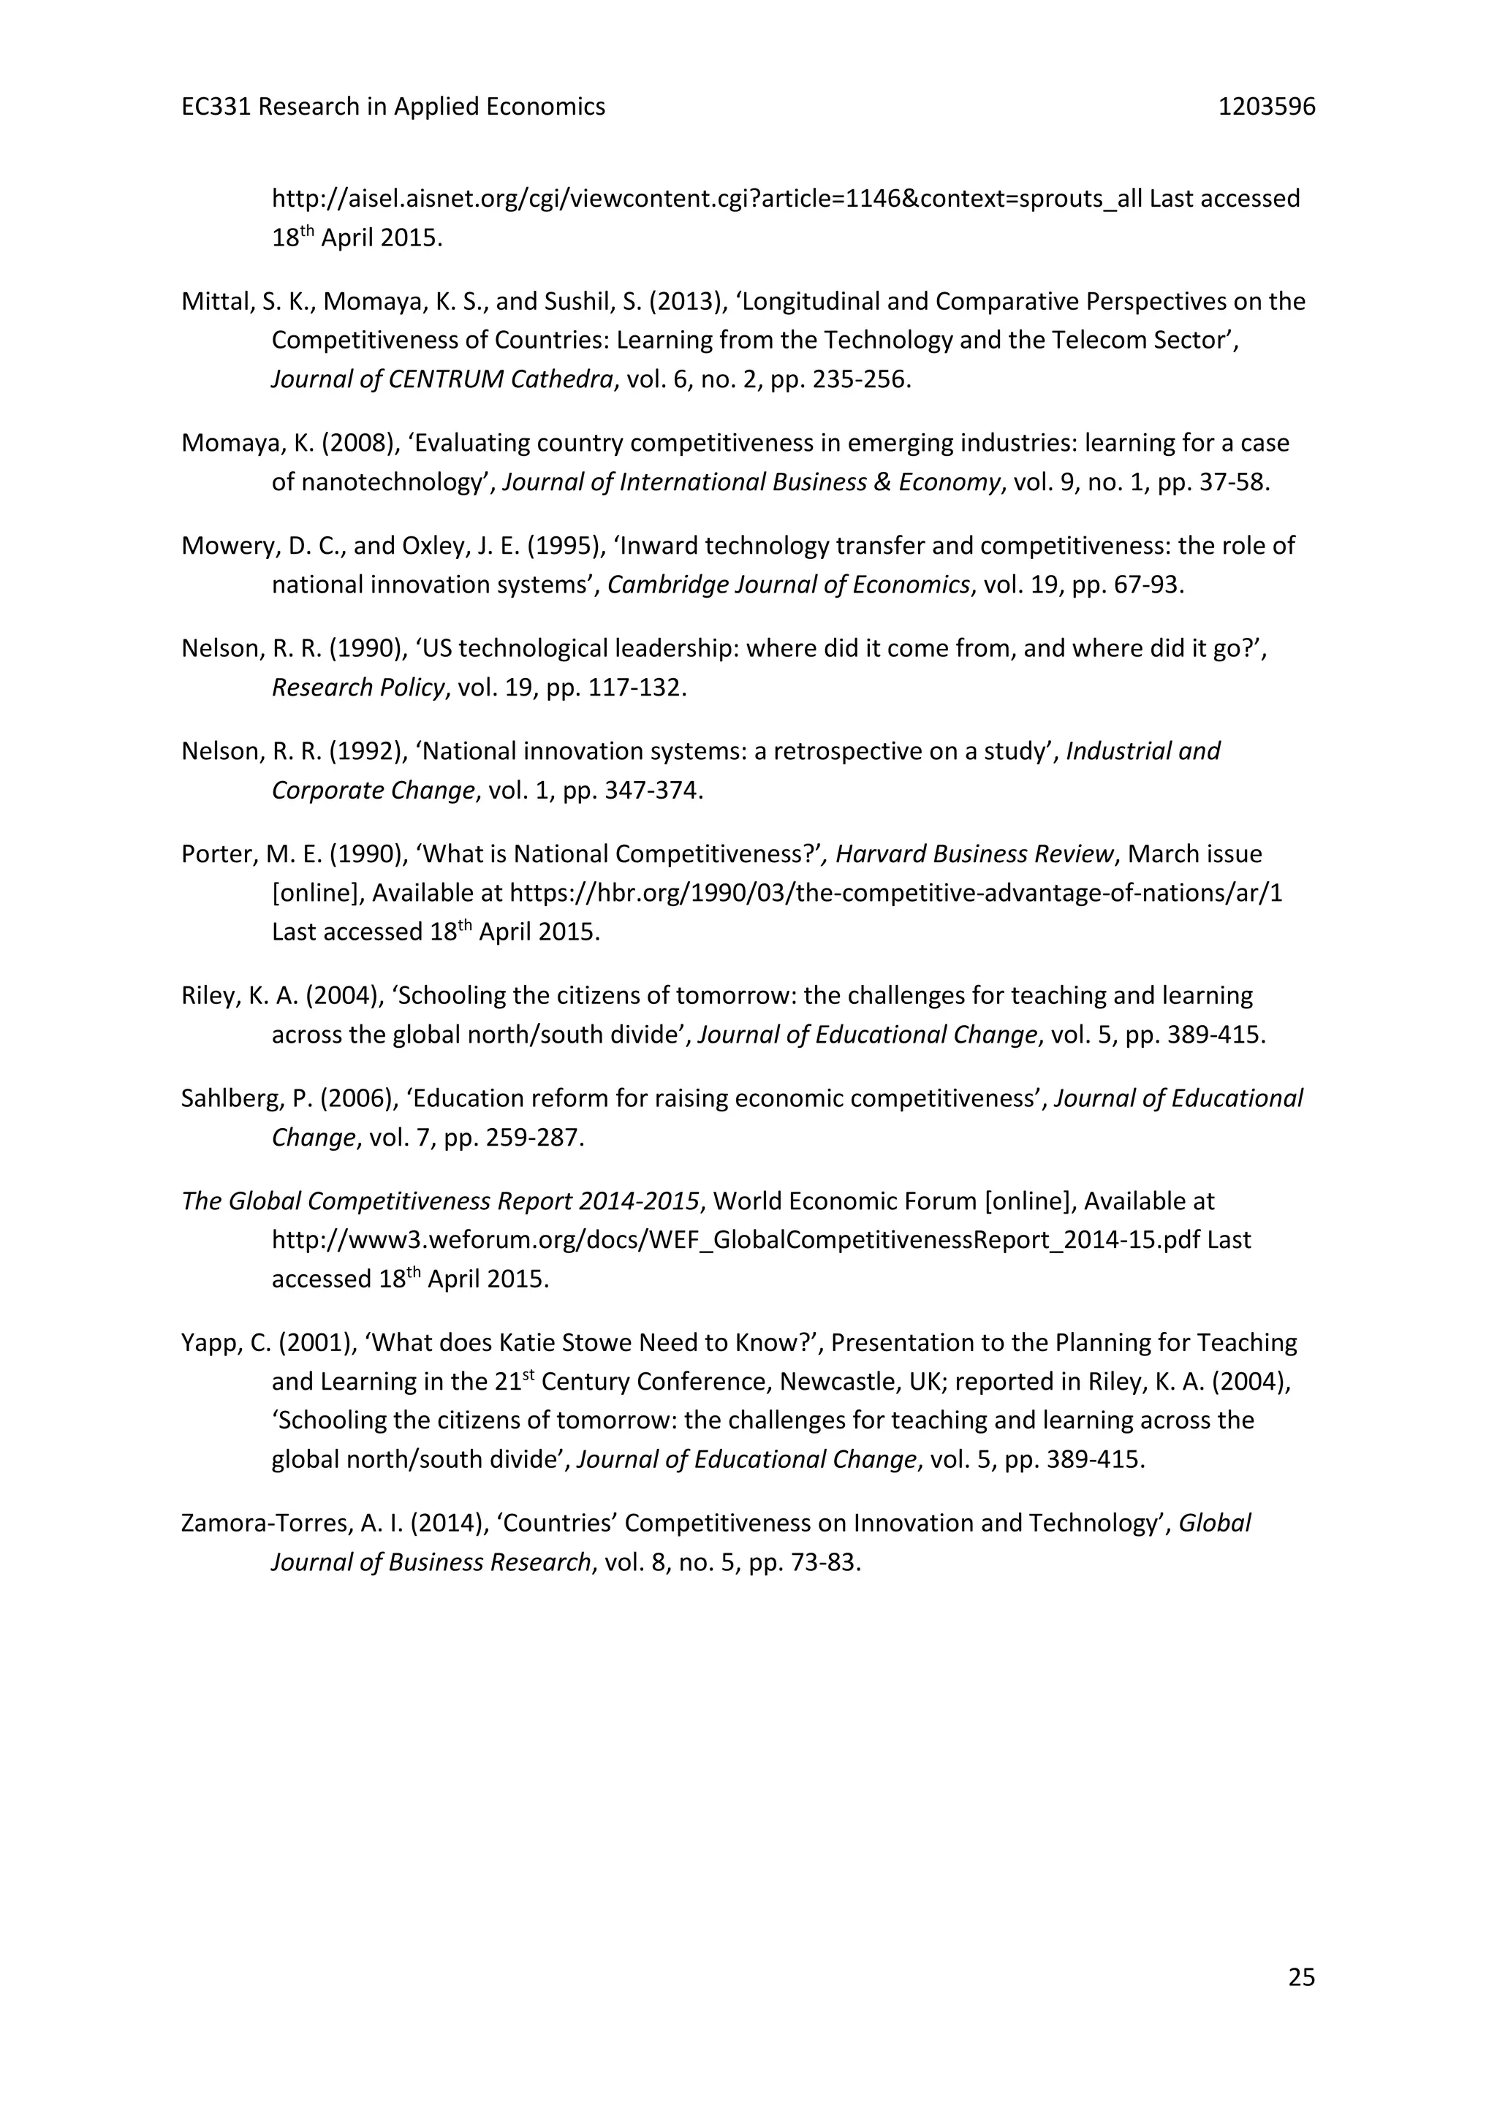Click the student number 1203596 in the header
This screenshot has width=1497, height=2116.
tap(1267, 107)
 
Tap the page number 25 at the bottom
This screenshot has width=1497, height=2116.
tap(1300, 1978)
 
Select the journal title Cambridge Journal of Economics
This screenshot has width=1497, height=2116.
tap(788, 585)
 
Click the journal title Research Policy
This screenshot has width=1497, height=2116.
tap(357, 688)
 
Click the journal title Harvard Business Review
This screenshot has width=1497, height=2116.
tap(974, 854)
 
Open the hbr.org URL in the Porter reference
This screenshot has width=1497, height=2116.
tap(895, 893)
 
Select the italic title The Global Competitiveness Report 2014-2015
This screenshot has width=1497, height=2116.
tap(441, 1201)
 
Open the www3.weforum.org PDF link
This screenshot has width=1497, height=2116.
tap(735, 1241)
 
